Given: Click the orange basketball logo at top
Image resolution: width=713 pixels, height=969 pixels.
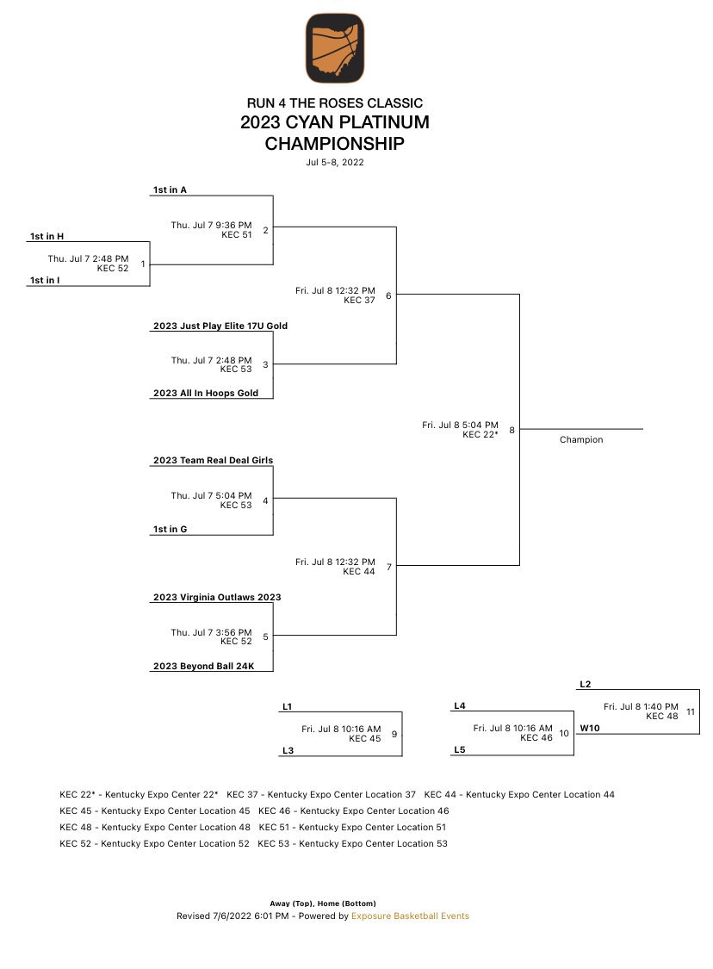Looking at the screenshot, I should pos(334,48).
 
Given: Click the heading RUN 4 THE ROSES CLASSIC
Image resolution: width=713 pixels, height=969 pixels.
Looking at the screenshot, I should pos(334,103).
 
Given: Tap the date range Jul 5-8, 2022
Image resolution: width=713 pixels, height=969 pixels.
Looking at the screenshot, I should pos(334,162).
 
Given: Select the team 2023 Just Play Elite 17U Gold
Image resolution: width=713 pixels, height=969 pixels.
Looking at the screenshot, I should pos(220,326).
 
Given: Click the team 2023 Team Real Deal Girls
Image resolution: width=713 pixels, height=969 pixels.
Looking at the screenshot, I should pos(213,461).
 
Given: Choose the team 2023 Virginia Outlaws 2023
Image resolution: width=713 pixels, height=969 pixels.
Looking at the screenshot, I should pos(217,597).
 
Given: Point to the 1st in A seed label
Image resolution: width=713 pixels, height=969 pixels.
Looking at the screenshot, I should pos(170,189).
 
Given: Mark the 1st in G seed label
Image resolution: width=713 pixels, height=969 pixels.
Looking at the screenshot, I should pos(170,530).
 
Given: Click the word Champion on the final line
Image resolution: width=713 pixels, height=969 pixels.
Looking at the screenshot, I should pos(581,439).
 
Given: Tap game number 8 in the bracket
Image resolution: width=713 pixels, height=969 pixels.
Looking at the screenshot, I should pos(512,430).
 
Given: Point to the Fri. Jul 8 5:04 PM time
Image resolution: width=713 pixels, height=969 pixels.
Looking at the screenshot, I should pos(460,425).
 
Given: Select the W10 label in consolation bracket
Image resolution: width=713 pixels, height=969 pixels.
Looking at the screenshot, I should pos(589,728).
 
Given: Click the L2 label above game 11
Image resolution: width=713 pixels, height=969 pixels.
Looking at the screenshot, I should pos(586,684).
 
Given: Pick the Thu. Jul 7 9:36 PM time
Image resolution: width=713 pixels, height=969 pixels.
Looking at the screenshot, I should pos(211,225).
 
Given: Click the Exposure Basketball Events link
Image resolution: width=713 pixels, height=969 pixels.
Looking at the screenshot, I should pos(410,916).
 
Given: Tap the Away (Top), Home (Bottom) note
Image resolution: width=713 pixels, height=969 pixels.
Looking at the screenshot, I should pos(323,904).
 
